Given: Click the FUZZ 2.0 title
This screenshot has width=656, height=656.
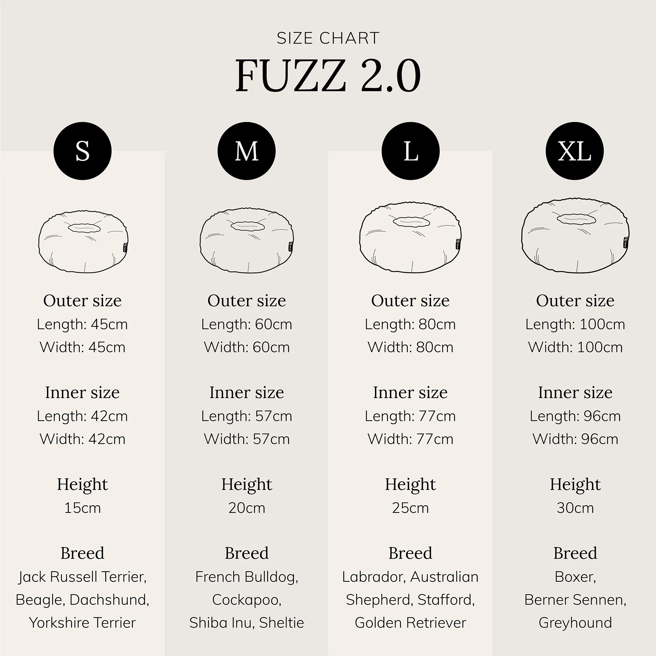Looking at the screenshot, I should click(328, 76).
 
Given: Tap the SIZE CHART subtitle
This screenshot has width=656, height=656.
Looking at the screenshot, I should click(328, 38).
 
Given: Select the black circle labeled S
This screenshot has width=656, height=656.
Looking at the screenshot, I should click(82, 151).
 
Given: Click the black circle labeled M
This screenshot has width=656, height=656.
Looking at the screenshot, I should click(246, 151).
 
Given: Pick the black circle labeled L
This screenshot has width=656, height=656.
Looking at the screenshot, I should click(410, 151).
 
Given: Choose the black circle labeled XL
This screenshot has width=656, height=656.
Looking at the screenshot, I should click(575, 151).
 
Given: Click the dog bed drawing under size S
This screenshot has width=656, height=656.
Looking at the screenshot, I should click(83, 242).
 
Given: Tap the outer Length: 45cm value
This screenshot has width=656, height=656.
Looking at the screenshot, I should click(82, 324).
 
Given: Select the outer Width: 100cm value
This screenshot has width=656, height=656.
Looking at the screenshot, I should click(575, 347).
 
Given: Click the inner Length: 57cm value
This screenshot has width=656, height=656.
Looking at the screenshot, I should click(246, 416).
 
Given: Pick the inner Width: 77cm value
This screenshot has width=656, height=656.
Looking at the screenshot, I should click(410, 439).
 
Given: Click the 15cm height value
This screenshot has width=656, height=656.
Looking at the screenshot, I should click(82, 508).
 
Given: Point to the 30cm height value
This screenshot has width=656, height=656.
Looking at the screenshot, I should click(575, 508).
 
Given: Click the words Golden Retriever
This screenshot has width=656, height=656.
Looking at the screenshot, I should click(410, 623).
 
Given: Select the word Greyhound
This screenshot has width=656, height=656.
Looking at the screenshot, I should click(575, 623).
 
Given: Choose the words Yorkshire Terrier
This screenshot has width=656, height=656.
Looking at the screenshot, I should click(82, 623).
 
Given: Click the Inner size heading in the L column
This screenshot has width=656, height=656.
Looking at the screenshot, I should click(410, 392).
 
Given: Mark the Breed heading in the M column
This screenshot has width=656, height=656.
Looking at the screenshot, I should click(246, 553).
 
